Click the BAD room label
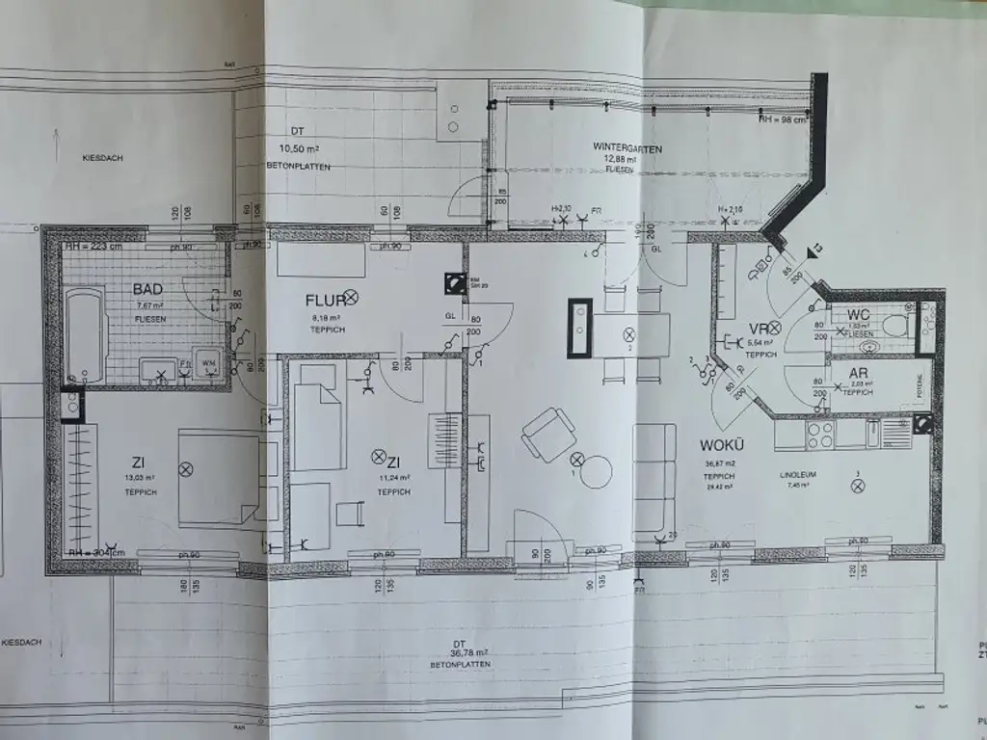pos(147,289)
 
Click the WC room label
pos(860,316)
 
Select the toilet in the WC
pos(895,325)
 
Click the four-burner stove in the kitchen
pos(819,435)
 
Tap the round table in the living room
pos(596,472)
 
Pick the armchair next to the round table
pos(547,434)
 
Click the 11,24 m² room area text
pos(394,478)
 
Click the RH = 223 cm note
pos(93,247)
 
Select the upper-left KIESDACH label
pos(103,156)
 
